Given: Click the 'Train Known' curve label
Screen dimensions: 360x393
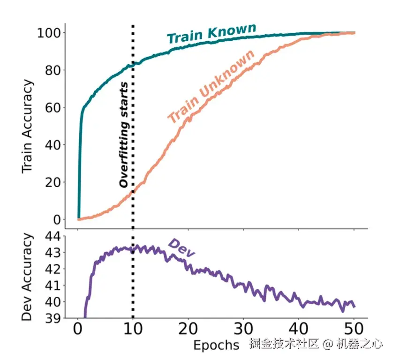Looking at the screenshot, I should click(212, 33).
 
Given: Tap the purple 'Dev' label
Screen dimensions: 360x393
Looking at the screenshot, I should click(181, 247).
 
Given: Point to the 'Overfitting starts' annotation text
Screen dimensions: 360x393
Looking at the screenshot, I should click(124, 135).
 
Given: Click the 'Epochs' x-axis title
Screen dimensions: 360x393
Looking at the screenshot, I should click(216, 345).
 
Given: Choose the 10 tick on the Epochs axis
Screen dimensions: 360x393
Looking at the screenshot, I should click(133, 330).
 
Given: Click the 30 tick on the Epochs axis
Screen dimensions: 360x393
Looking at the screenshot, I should click(243, 330).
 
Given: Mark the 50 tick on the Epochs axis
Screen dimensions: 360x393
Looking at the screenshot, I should click(354, 330).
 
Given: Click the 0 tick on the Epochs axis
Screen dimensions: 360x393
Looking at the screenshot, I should click(78, 330).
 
